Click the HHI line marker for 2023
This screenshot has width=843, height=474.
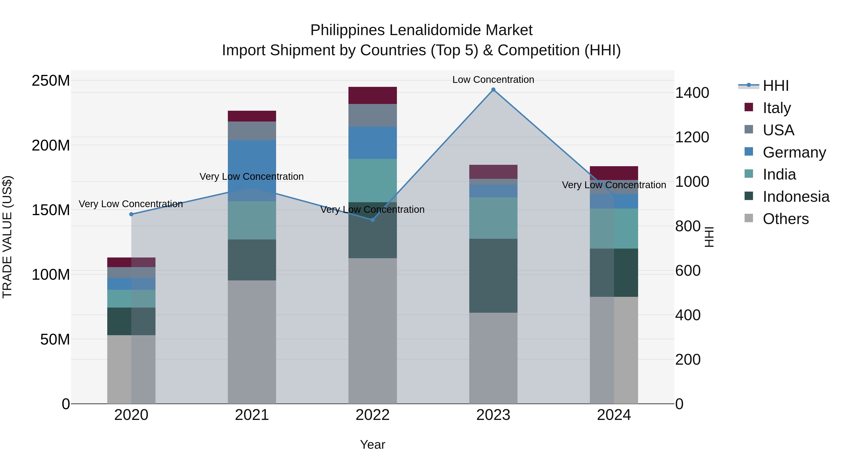[x=493, y=90]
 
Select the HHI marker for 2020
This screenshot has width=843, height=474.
[x=131, y=214]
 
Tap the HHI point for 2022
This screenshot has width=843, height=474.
[x=372, y=220]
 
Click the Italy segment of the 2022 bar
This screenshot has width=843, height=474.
[x=372, y=96]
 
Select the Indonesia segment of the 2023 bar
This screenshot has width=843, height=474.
[x=493, y=276]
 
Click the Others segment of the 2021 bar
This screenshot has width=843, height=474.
[x=252, y=342]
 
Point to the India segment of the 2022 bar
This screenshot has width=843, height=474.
[x=372, y=180]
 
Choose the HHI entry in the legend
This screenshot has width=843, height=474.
[x=775, y=86]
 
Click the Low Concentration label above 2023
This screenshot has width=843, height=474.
[x=493, y=80]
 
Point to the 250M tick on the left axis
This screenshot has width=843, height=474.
[x=51, y=81]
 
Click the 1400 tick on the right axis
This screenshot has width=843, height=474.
[x=692, y=93]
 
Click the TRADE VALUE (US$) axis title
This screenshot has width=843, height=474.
[x=7, y=237]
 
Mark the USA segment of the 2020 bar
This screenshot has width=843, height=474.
[x=131, y=272]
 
